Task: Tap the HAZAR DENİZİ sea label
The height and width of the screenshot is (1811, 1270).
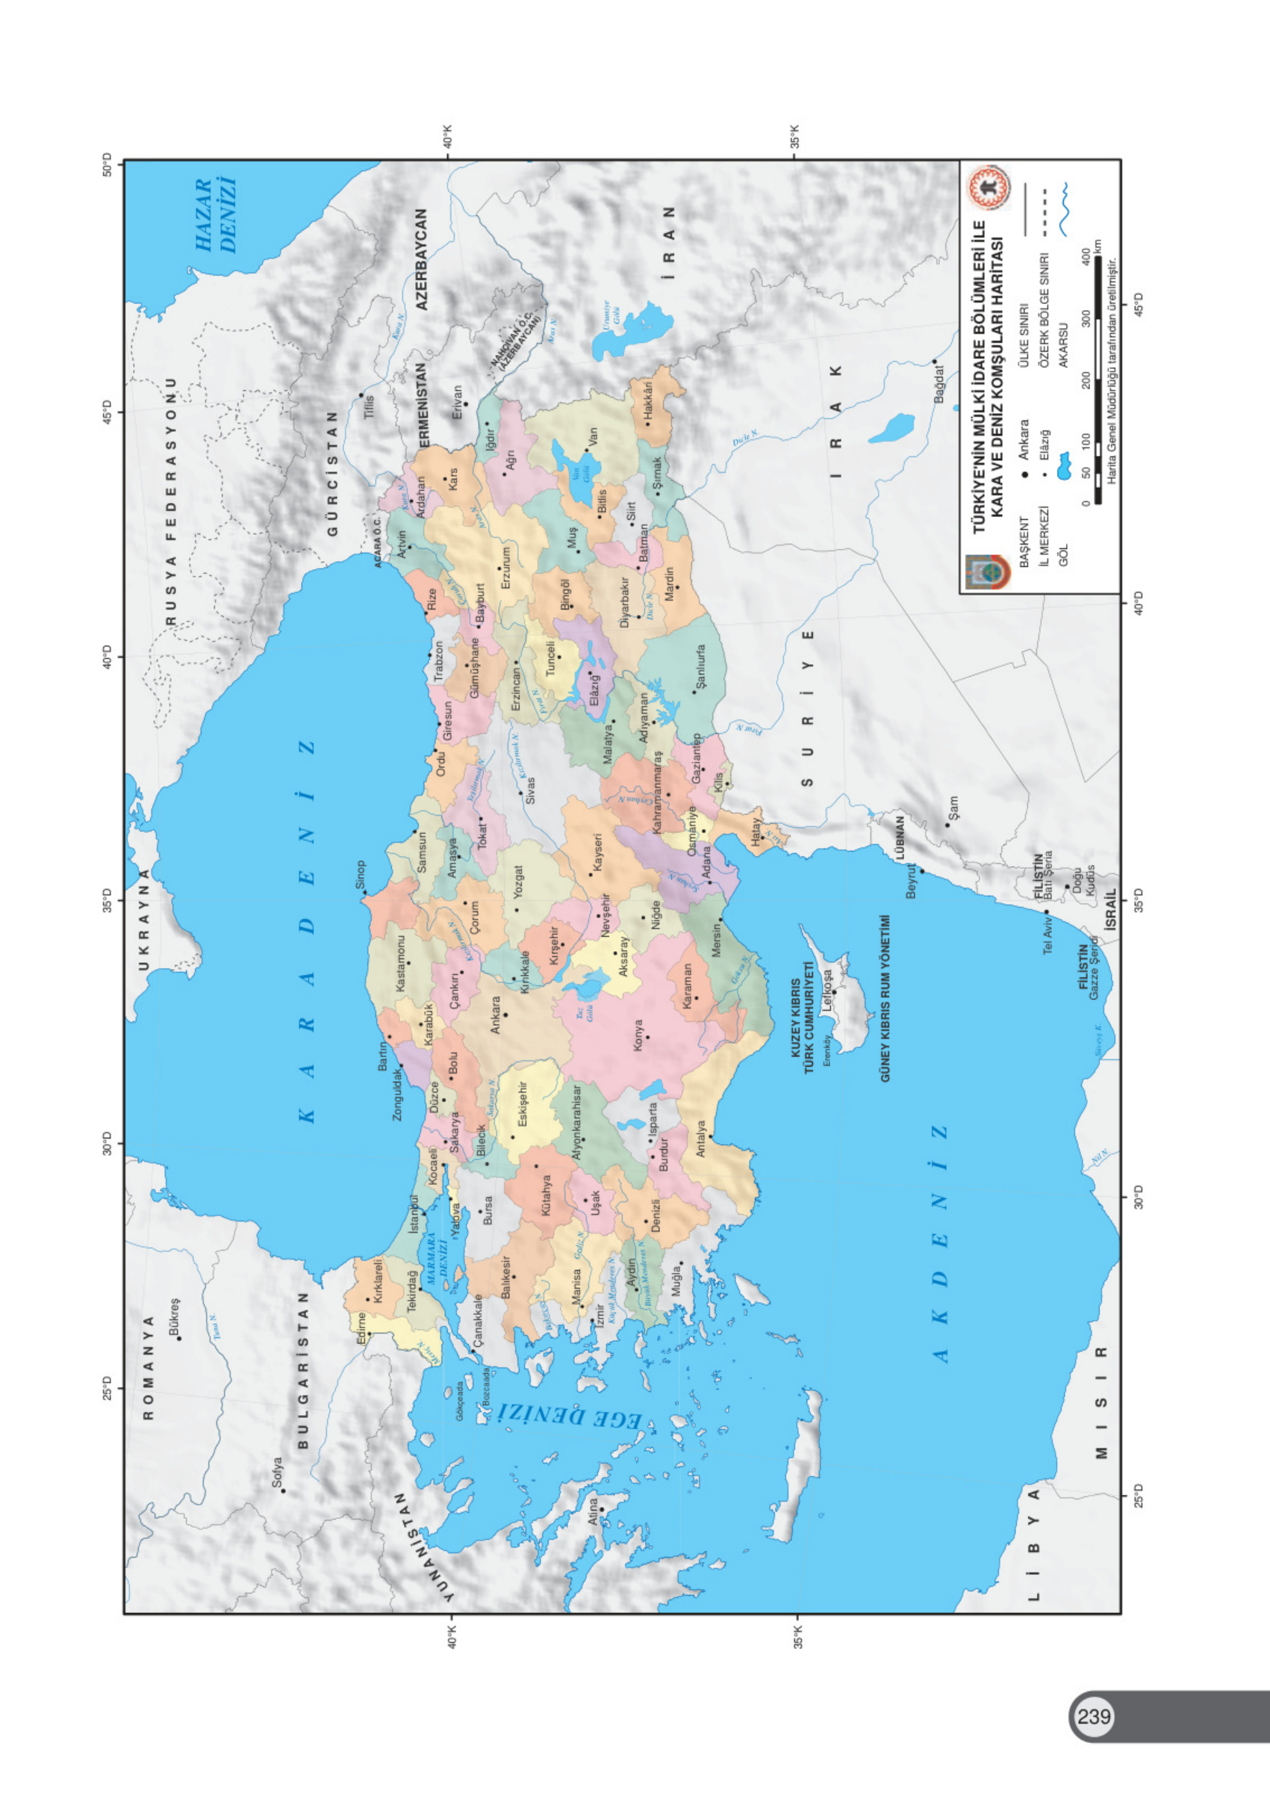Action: tap(216, 215)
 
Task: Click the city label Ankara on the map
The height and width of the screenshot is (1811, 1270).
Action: tap(495, 1015)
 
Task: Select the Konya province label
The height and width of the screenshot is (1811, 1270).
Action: tap(638, 1035)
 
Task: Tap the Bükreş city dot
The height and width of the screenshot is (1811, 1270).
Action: tap(179, 1339)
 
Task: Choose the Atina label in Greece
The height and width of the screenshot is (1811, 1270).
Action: tap(593, 1511)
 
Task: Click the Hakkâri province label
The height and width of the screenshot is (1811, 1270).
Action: tap(648, 400)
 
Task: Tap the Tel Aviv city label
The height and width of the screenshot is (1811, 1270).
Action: tap(1048, 935)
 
